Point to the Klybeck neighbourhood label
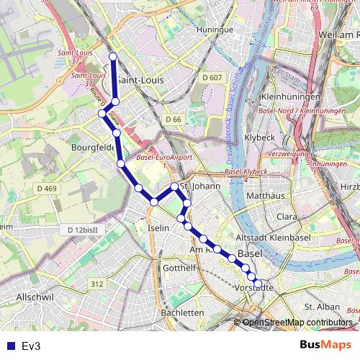260,136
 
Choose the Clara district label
287,216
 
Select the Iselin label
158,228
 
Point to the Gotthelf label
179,268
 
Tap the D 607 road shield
212,77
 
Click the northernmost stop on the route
113,57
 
